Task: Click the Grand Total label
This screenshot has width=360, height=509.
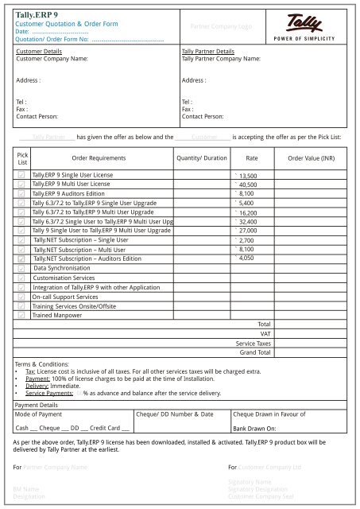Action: tap(255, 352)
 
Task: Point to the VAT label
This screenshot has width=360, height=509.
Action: tap(265, 334)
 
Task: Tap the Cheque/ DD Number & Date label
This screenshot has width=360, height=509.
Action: tap(175, 414)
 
